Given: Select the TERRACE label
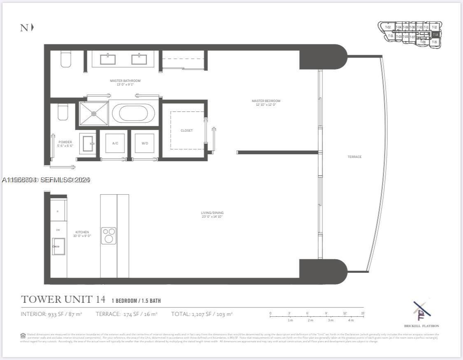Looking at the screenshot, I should [354, 157].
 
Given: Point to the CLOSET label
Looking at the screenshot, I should [186, 130].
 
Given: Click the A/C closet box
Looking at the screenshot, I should [115, 143].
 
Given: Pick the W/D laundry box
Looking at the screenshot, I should [145, 143].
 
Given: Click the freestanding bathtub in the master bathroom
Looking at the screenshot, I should [134, 112].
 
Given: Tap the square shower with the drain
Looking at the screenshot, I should [94, 113].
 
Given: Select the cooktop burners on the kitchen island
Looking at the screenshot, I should [109, 235].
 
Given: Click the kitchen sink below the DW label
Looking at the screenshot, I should [58, 246].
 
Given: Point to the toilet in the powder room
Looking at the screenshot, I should [63, 112].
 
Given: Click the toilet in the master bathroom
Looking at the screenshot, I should [66, 58].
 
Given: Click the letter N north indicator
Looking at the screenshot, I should [24, 28].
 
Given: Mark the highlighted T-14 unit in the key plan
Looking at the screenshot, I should [435, 35].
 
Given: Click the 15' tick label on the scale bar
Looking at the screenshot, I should [363, 314].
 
